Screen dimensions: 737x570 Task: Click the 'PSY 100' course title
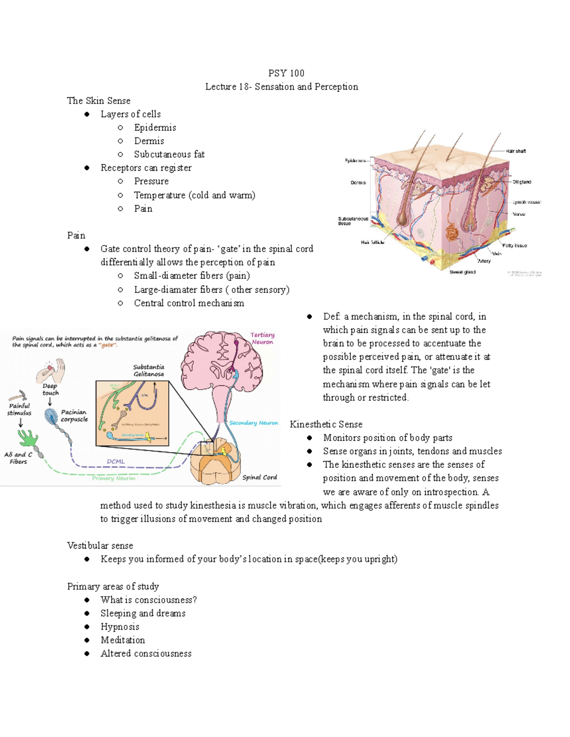[286, 73]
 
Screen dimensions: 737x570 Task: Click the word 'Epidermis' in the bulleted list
[155, 128]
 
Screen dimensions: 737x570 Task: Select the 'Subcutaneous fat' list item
[169, 154]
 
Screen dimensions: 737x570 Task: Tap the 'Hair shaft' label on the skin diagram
[515, 151]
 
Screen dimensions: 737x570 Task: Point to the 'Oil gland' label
[522, 182]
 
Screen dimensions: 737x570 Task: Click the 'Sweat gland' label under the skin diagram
[462, 272]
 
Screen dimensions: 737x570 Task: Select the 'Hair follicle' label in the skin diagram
[372, 242]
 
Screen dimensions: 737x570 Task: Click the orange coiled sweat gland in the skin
[451, 234]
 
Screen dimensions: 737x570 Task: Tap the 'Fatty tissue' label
[514, 245]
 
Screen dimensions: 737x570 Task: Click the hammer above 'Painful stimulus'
[18, 395]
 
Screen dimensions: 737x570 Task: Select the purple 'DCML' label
[115, 461]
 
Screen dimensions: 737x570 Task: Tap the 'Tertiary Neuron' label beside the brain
[262, 338]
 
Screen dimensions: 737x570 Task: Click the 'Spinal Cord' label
[259, 477]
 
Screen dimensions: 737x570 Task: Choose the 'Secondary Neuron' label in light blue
[253, 423]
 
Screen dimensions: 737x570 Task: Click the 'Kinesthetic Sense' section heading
[326, 424]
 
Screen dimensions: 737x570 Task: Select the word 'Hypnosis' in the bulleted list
[120, 627]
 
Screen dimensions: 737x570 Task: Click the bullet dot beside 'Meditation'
[87, 640]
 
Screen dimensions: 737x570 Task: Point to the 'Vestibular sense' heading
[100, 546]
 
